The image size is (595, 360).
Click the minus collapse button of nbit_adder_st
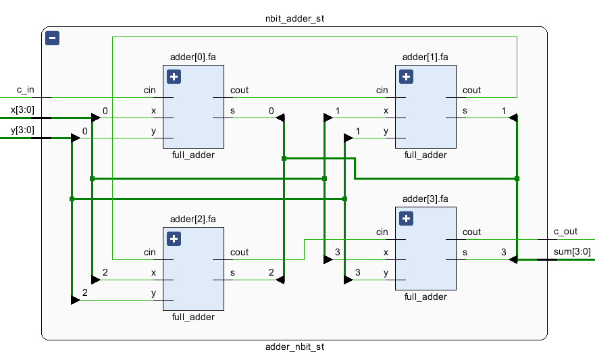52,38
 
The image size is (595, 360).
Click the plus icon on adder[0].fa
174,76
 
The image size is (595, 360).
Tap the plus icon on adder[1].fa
406,76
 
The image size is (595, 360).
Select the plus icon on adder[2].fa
174,238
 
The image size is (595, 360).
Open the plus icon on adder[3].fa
406,218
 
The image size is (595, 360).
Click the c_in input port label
25,90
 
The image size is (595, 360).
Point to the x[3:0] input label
22,109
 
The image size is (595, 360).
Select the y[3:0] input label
22,130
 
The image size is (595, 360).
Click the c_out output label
565,232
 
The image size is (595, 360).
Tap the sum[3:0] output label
571,252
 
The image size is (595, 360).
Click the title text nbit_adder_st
294,18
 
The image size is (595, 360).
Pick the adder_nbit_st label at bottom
294,346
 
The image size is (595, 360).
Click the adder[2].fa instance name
192,219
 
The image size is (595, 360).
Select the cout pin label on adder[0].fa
239,90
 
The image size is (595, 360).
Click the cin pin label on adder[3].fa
382,232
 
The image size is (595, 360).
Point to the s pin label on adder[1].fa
465,110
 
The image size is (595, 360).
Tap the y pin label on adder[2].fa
153,292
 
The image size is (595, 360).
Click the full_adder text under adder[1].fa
425,155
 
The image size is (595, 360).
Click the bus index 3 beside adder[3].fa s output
503,252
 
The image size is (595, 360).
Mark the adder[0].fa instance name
192,57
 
